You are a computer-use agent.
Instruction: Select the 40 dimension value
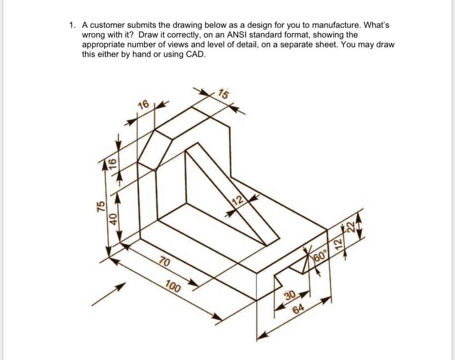[x=114, y=218]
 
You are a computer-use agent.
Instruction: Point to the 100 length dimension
[x=172, y=287]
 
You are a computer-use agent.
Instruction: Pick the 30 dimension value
[x=290, y=295]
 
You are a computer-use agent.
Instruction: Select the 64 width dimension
[x=298, y=309]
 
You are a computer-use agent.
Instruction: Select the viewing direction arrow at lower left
[x=108, y=295]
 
